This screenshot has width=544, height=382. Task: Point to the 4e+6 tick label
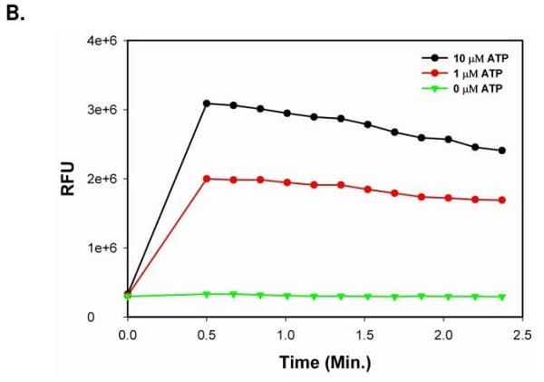97,41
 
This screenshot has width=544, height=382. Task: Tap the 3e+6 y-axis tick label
97,110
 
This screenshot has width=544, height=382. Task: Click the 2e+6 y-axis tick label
97,179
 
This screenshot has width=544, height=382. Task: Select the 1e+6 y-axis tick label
97,248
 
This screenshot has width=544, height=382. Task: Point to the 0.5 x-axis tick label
207,337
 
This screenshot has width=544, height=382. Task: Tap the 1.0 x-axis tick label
286,337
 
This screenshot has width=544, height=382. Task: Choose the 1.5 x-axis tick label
364,337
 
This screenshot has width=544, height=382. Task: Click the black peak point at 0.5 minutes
207,103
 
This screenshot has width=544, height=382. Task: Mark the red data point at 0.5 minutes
207,179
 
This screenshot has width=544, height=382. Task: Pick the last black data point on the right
502,151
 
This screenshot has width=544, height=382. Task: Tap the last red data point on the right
502,201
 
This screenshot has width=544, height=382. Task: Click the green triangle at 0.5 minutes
207,294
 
